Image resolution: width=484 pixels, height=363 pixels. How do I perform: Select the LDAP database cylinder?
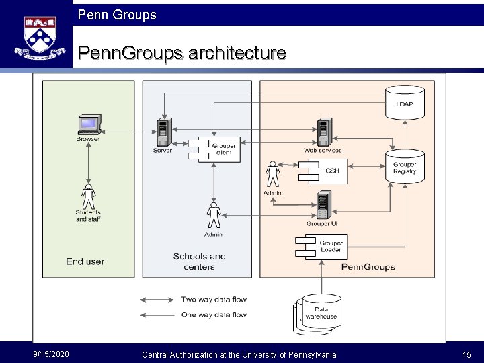(x=404, y=100)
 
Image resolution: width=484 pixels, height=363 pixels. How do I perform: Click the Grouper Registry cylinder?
(x=404, y=166)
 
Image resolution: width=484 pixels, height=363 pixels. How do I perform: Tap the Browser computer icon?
(x=89, y=125)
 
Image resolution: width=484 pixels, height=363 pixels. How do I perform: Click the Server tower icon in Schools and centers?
(x=163, y=132)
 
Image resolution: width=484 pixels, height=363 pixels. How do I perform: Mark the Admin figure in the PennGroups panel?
(x=272, y=174)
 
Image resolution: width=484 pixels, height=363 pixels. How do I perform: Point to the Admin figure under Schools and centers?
(x=214, y=215)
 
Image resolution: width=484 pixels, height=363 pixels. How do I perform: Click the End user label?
(x=85, y=261)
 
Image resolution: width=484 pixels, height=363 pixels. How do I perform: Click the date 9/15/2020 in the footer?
(x=50, y=354)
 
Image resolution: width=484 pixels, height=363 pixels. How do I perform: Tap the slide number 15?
(x=467, y=354)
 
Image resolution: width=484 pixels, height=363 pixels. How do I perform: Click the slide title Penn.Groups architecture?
(x=182, y=53)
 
